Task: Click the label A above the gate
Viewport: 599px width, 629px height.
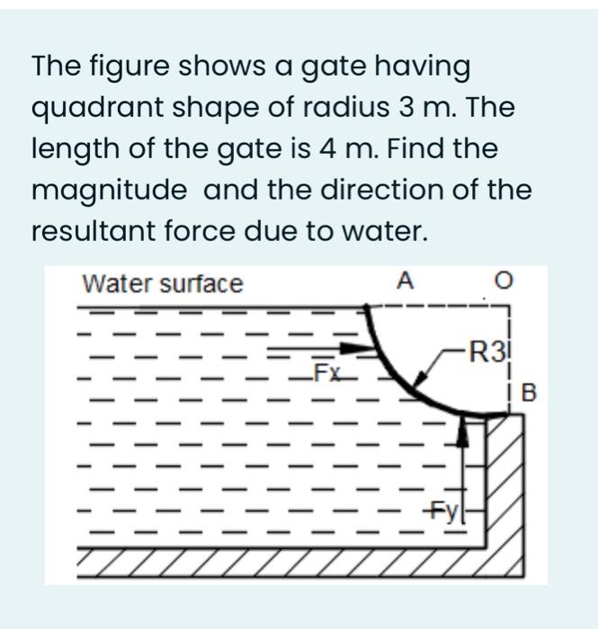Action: tap(405, 282)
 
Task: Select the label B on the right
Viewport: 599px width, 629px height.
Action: tap(528, 392)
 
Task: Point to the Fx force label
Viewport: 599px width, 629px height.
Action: tap(326, 372)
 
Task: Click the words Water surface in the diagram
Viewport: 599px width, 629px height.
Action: tap(163, 284)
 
